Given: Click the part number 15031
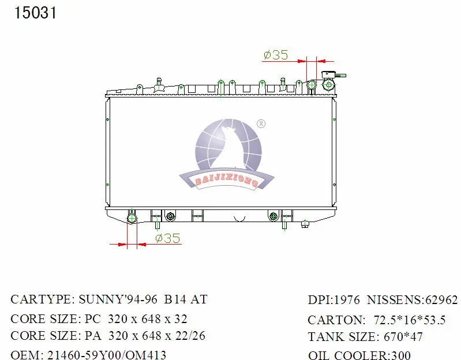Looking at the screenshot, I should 35,13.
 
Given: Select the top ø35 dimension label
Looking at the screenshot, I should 276,55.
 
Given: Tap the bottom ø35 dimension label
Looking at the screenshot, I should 167,238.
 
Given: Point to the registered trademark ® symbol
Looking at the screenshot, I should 260,123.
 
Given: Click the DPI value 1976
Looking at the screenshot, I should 347,300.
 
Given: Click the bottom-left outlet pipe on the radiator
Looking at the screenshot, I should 132,219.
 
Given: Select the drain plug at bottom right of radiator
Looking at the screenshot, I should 305,224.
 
